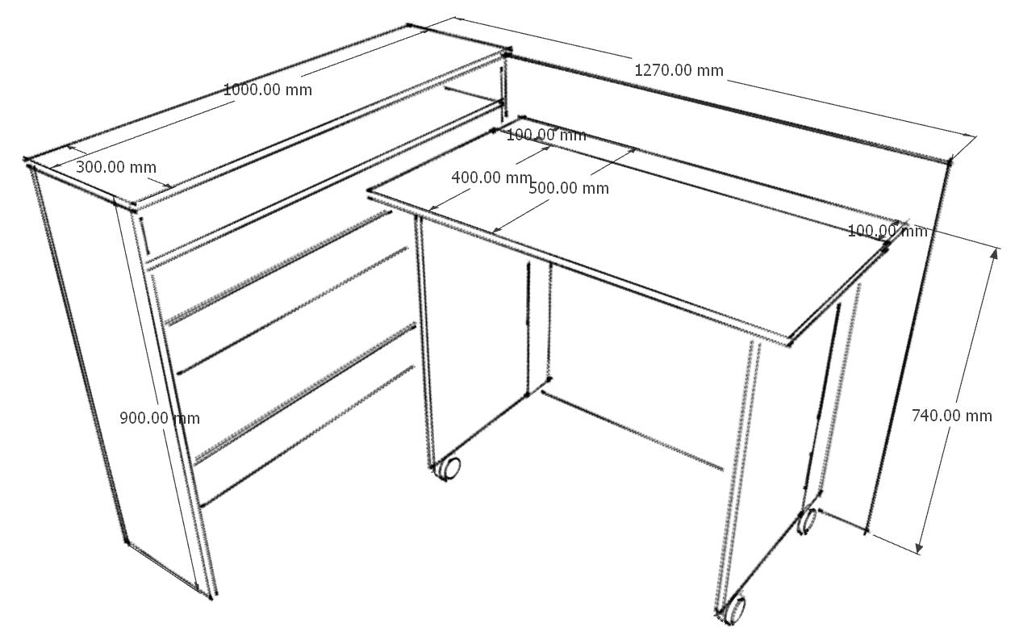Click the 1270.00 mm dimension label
679,70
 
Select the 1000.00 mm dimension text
268,90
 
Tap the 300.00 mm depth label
116,168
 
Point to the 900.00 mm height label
160,418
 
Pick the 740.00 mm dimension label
952,416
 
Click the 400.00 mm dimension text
491,178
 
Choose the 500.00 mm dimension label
569,189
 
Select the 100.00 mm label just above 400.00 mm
546,136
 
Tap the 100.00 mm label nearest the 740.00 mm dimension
887,232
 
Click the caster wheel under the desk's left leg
448,468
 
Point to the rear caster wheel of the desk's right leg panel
807,521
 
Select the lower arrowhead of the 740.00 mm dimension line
920,548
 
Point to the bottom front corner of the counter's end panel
211,597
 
